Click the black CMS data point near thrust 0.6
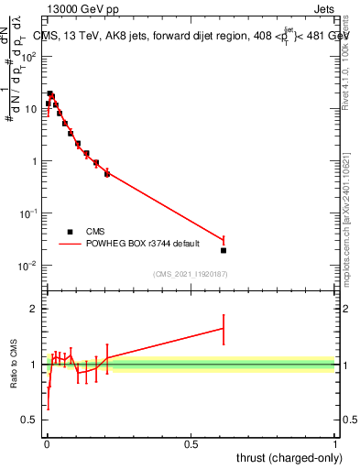pyautogui.click(x=224, y=250)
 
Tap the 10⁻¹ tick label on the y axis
pyautogui.click(x=27, y=213)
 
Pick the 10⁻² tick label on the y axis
pyautogui.click(x=27, y=266)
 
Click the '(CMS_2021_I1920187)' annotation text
pyautogui.click(x=191, y=274)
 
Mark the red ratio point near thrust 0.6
pyautogui.click(x=224, y=328)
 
